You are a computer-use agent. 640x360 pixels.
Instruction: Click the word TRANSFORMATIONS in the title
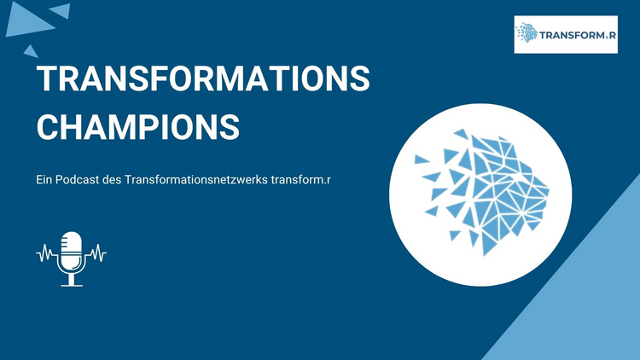tap(203, 78)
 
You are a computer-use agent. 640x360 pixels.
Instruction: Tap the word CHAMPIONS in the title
tap(138, 127)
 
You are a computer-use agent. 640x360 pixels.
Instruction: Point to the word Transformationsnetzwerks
tap(196, 180)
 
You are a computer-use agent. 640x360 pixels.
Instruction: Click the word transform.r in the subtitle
tap(301, 180)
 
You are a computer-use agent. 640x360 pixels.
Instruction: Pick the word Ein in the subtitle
tap(44, 180)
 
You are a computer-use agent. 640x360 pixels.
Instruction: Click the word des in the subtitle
tap(113, 180)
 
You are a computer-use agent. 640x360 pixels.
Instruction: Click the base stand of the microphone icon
tap(72, 284)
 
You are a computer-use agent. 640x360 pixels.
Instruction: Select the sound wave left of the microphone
tap(48, 253)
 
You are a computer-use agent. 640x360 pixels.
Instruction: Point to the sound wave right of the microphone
tap(95, 253)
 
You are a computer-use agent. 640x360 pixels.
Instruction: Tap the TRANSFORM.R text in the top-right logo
tap(578, 35)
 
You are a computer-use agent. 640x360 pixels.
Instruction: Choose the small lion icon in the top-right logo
tap(527, 32)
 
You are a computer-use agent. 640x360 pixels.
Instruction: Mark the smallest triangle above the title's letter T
tap(31, 52)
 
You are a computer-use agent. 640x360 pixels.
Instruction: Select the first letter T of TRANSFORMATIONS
tap(47, 78)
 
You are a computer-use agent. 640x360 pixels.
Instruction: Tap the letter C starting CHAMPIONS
tap(48, 127)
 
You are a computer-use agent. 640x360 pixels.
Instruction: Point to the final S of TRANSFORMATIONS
tap(359, 78)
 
